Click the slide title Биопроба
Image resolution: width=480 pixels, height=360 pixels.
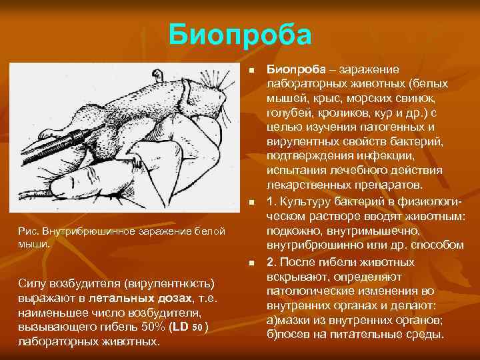tap(240, 34)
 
